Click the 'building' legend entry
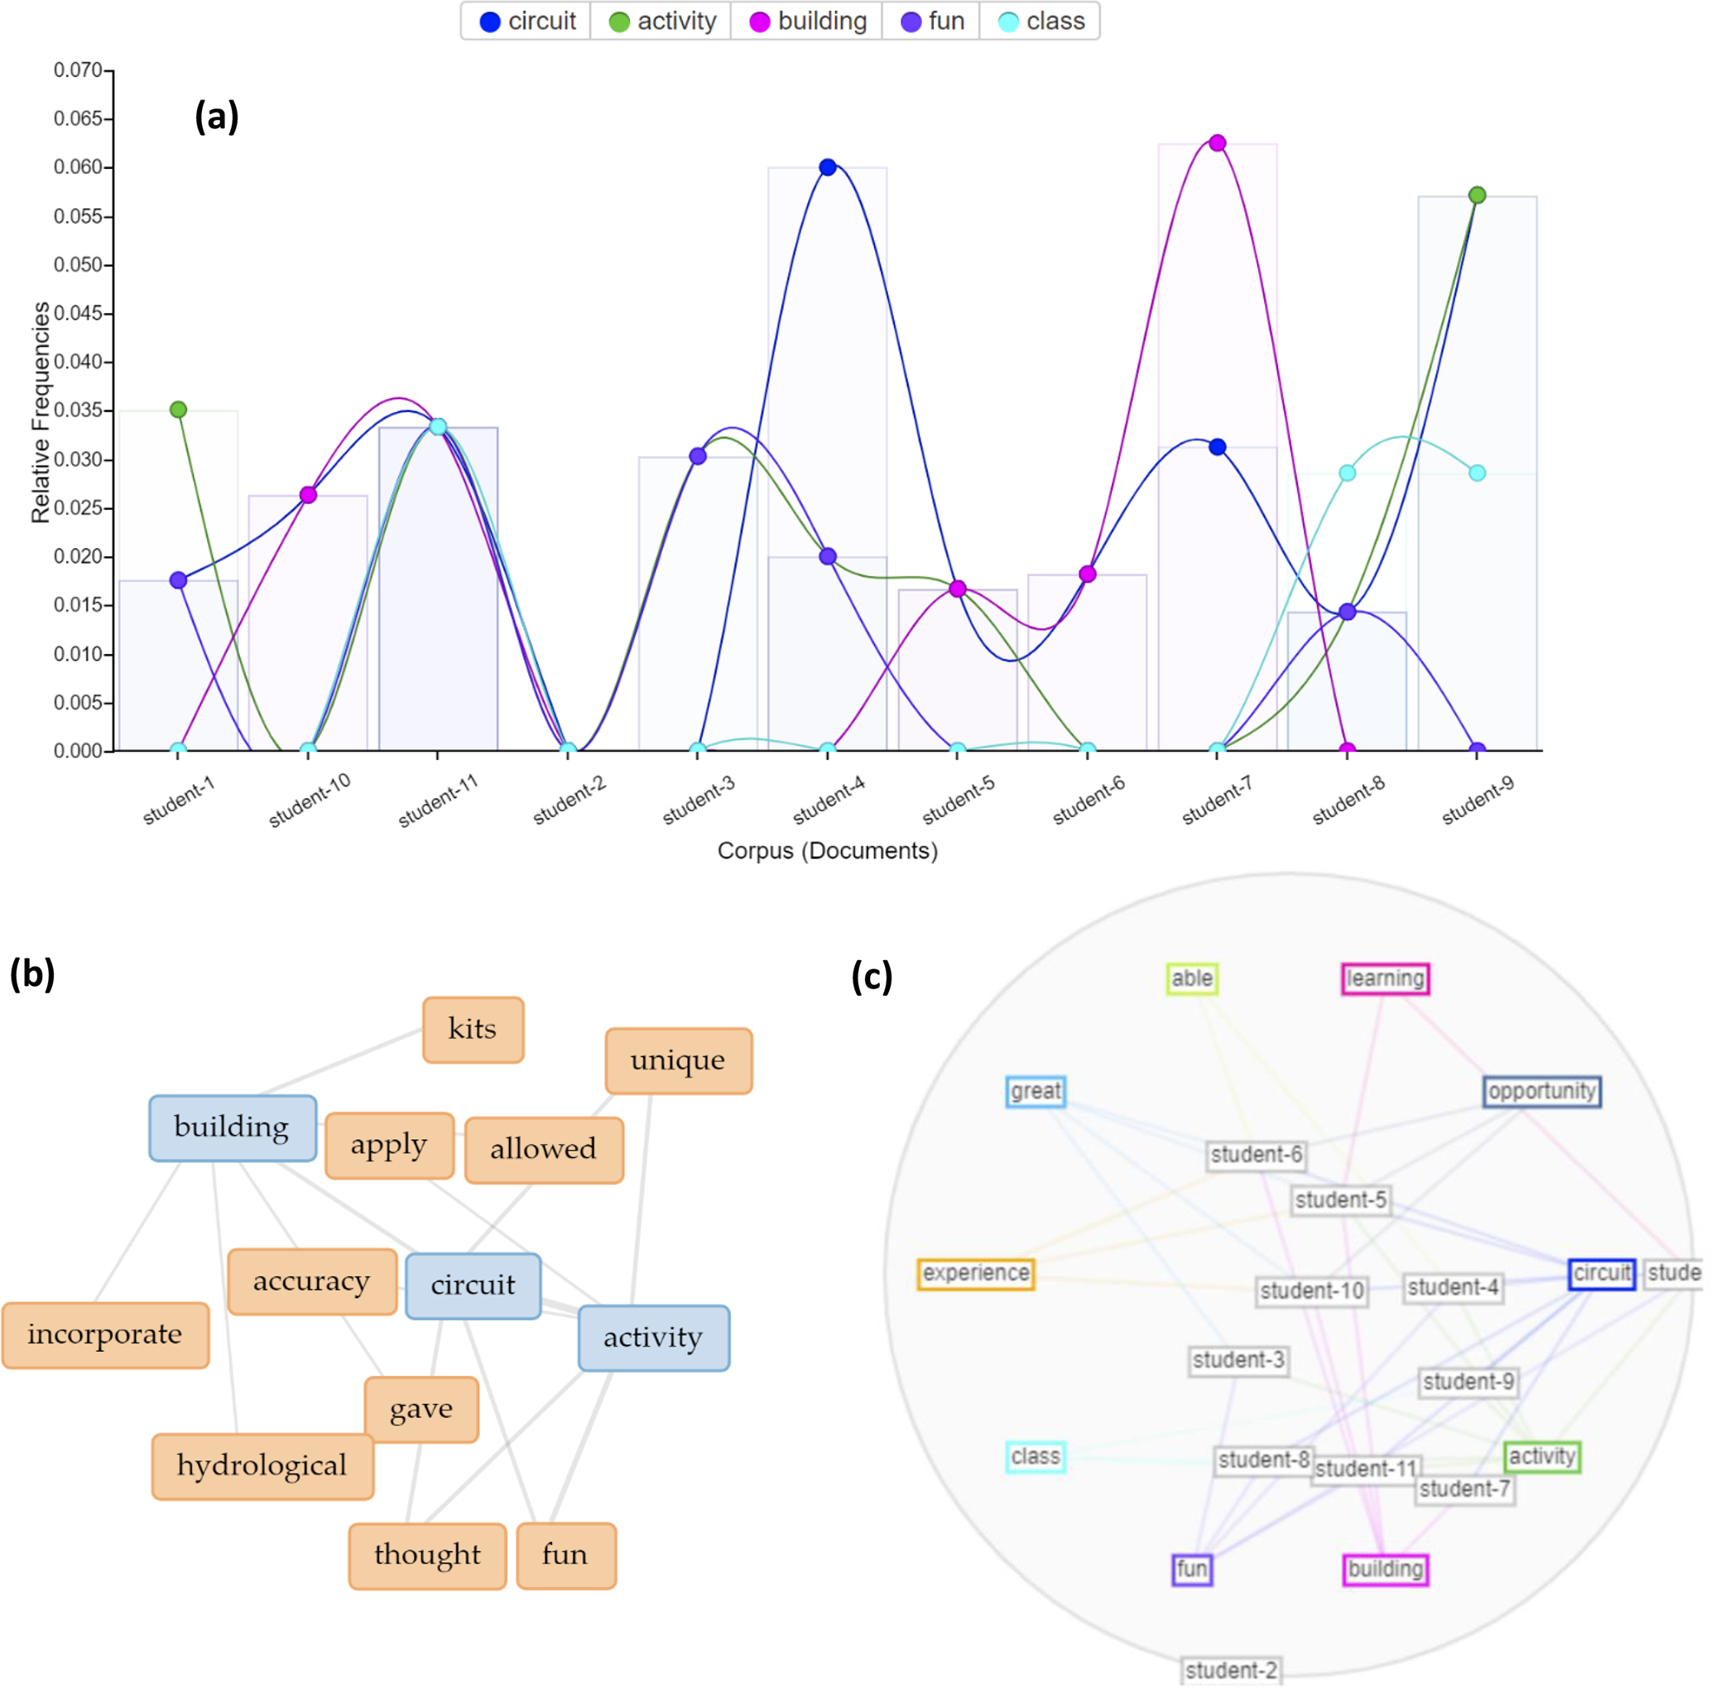807,22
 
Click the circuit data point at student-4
827,167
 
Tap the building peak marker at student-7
1217,143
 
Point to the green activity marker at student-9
1476,195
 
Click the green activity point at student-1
178,409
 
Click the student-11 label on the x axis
438,799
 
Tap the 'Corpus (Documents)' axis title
826,850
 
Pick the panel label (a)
216,116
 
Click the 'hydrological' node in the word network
262,1466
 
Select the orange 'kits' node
473,1029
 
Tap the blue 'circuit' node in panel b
473,1285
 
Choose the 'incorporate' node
104,1334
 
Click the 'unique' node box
677,1060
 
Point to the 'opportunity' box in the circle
1541,1091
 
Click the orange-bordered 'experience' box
975,1273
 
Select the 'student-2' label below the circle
1231,1670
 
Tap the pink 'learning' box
1384,978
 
